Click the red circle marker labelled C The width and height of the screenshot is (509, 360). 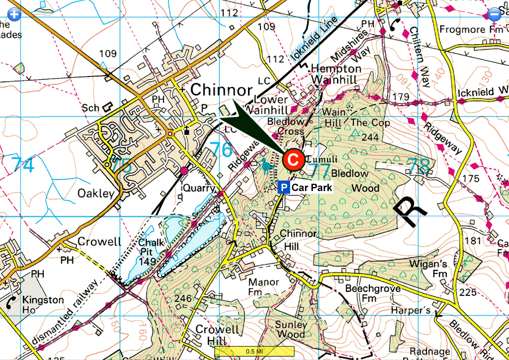(x=293, y=159)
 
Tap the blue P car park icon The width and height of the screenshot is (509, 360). (x=284, y=188)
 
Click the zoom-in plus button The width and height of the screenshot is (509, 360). (x=14, y=14)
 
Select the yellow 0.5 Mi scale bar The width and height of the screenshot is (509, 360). (x=254, y=351)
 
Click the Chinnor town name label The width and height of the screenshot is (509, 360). (x=221, y=90)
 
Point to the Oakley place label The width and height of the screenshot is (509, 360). (x=96, y=193)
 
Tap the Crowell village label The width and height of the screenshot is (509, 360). (x=99, y=242)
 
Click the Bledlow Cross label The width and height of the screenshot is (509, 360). (x=286, y=126)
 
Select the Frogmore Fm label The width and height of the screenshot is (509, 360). (x=471, y=30)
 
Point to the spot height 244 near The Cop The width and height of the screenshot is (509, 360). (x=370, y=137)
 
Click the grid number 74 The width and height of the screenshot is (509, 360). (x=23, y=164)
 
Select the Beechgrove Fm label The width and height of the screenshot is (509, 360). (x=372, y=293)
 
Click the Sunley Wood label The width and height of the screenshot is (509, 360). (x=290, y=329)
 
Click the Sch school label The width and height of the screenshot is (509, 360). (x=90, y=108)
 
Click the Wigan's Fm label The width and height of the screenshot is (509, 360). (x=428, y=268)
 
